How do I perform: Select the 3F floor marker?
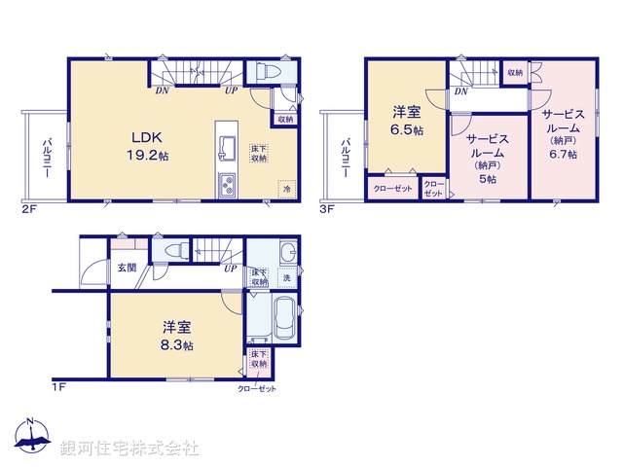point(328,208)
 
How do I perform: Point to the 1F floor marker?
point(57,386)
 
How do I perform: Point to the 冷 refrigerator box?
point(286,190)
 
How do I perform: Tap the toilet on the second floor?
point(267,74)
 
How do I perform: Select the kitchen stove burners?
point(228,186)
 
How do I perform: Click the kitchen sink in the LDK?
point(228,148)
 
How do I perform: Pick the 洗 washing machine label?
point(285,279)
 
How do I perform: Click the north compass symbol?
point(31,439)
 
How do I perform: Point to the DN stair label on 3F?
point(458,92)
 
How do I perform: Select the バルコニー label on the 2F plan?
point(46,159)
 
